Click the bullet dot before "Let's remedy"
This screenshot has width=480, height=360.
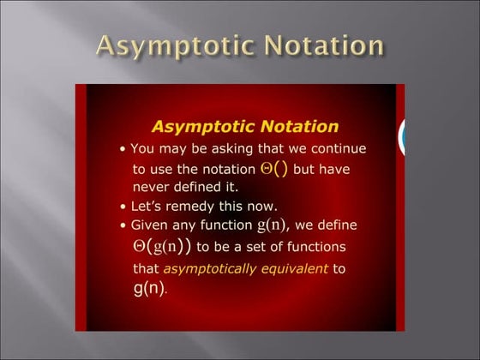click(x=123, y=207)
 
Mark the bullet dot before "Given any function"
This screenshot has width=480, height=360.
click(x=123, y=226)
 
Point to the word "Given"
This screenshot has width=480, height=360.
click(x=149, y=225)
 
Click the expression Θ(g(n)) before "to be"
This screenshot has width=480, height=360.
click(x=163, y=247)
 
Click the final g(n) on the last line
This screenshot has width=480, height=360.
click(x=148, y=288)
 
